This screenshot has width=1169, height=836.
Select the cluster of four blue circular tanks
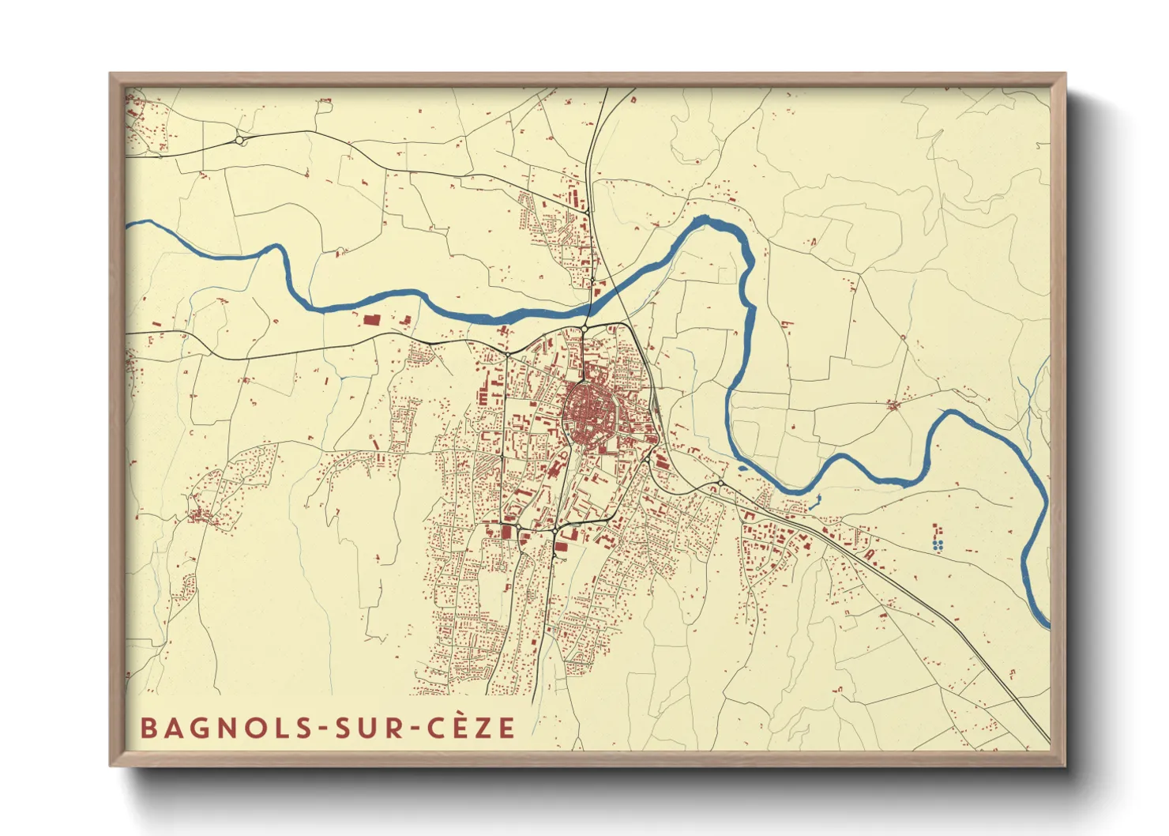937,544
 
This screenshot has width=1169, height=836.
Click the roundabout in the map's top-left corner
239,141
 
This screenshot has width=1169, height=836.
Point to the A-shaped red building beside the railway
869,555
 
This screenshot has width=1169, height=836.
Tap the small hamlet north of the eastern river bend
893,406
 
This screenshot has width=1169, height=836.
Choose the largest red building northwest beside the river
370,320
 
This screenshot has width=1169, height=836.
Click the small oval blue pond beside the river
742,468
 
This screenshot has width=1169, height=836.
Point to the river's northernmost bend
707,221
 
